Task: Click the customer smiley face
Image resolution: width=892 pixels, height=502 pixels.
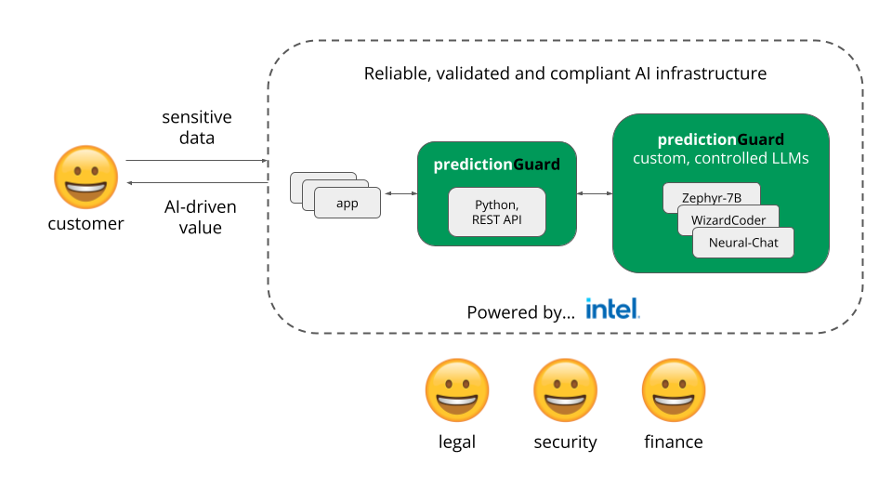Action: click(x=86, y=177)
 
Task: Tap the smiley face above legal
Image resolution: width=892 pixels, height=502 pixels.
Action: click(x=456, y=391)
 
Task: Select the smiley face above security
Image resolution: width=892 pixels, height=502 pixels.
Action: click(x=564, y=391)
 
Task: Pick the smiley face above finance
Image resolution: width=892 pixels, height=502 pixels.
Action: click(x=674, y=391)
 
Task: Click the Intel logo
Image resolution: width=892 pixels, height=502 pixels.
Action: click(x=612, y=310)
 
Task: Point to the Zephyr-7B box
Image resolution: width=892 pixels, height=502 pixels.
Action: click(x=712, y=196)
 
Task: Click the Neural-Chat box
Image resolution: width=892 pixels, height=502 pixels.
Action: click(x=743, y=244)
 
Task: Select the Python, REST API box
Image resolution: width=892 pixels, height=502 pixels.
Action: click(x=496, y=212)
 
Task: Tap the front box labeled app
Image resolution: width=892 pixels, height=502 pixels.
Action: click(x=348, y=203)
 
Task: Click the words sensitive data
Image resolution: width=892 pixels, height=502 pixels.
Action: click(x=197, y=128)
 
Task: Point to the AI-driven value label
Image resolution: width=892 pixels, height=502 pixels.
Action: click(x=201, y=217)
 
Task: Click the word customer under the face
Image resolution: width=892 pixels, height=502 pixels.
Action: click(x=85, y=224)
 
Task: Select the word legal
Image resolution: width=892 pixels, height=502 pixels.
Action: click(x=456, y=443)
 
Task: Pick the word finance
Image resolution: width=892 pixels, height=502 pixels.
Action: click(x=674, y=443)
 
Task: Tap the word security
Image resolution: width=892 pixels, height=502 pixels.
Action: click(x=565, y=443)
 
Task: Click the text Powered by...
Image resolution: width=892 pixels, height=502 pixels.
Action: click(x=520, y=312)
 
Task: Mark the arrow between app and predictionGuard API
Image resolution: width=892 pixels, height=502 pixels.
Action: click(x=399, y=193)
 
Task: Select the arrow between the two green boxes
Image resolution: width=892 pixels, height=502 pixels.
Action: click(x=595, y=193)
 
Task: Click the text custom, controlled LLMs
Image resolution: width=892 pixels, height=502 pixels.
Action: click(x=721, y=159)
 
